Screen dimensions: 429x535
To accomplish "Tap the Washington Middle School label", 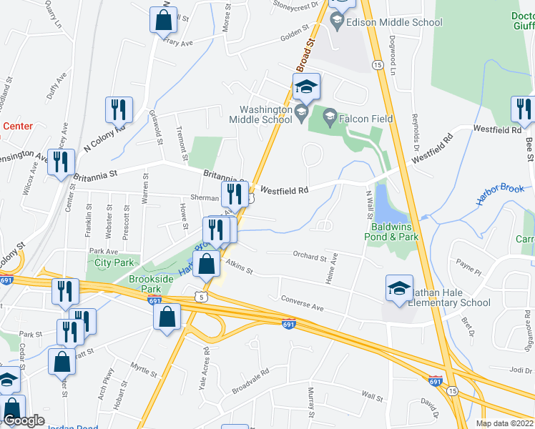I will point(260,114).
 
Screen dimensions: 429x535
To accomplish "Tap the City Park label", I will point(114,262).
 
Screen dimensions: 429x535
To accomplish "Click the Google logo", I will point(24,421).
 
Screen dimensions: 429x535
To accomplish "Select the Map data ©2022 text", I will point(504,423).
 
